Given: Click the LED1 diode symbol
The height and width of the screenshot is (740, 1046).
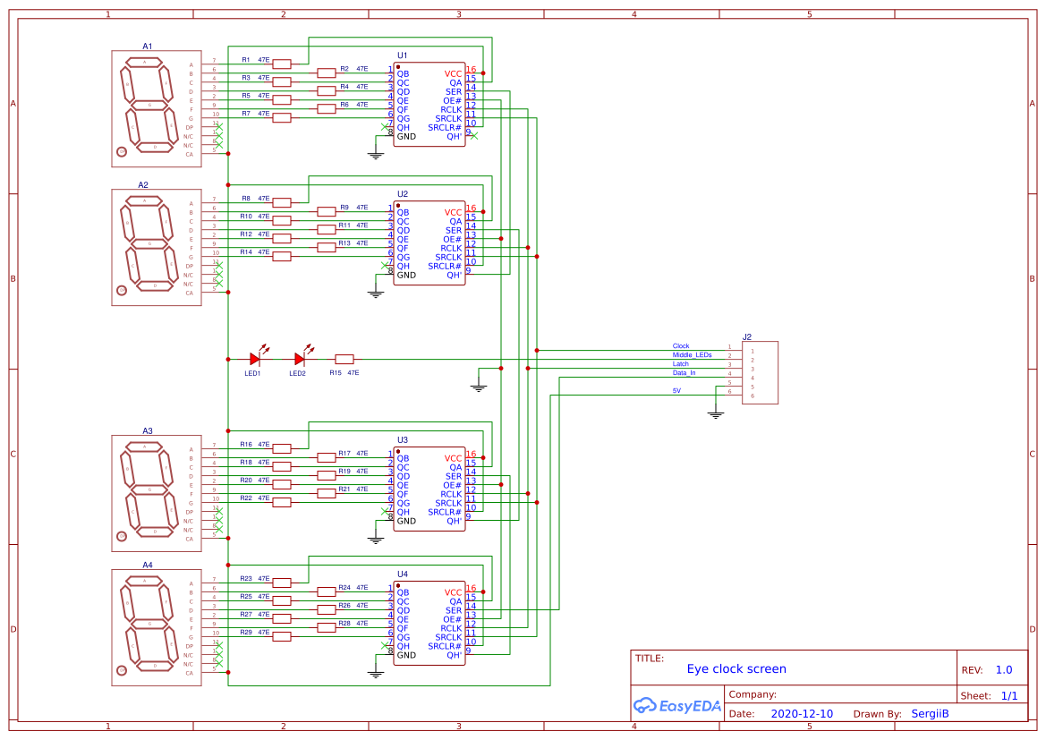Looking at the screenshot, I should coord(255,359).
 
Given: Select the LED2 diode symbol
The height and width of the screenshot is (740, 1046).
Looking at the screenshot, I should coord(300,359).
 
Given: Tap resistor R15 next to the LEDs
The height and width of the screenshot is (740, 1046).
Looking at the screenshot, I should coord(344,359).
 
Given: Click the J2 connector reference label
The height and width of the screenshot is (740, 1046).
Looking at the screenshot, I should coord(747,336).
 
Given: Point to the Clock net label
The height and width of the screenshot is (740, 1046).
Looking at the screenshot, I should coord(681,345).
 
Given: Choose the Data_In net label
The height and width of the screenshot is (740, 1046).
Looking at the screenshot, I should coord(685,372).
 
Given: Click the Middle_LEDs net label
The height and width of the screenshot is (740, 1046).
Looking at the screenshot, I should coord(693,354).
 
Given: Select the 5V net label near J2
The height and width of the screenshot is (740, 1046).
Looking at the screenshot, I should coord(676,391).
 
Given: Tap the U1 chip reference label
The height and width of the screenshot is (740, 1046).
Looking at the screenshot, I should coord(403,55).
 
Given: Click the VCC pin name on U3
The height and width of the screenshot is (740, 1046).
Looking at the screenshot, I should coord(454,458).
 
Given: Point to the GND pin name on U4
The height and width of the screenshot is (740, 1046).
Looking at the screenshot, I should coord(406,655).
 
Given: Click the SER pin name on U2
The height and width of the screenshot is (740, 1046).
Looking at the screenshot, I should coord(454,230).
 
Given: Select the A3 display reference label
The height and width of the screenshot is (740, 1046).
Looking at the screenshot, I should coord(148,430).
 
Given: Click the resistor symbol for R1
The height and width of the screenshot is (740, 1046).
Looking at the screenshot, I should coord(282,64).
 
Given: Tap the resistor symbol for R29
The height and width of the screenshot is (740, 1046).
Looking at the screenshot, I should coord(282,636).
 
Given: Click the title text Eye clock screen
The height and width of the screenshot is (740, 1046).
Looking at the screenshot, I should coord(736,668).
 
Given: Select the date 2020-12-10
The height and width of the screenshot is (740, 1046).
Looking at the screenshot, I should coord(802,714).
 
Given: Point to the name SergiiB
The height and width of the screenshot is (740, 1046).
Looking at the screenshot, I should coord(930,714).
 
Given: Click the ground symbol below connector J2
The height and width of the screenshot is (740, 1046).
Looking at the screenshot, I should coord(715,413).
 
